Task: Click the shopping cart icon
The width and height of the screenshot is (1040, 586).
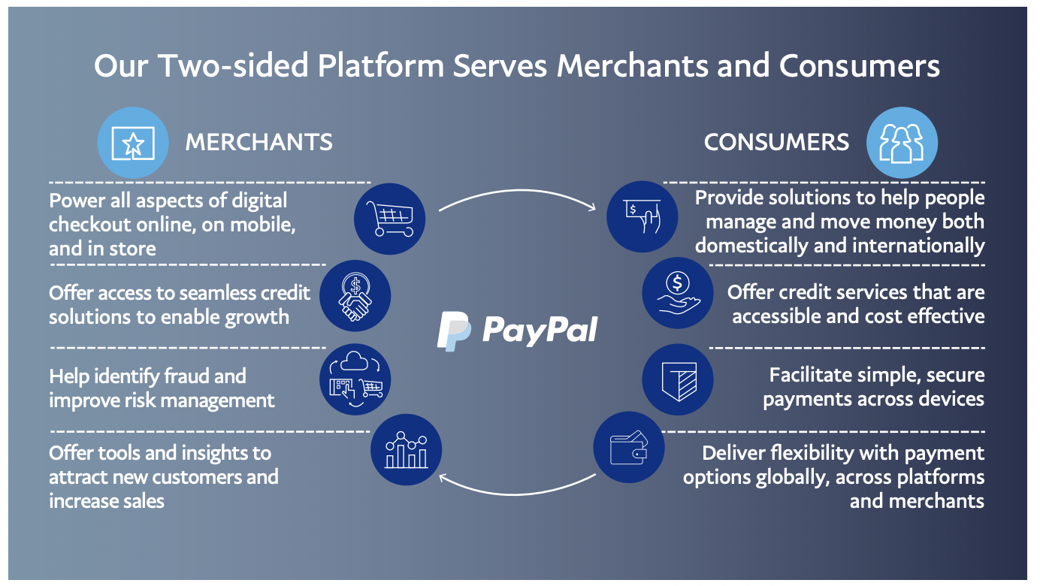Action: point(389,218)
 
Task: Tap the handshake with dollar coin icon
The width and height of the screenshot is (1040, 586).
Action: point(355,297)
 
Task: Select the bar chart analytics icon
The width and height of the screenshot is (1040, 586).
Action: point(407,452)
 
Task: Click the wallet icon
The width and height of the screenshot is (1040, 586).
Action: point(629,449)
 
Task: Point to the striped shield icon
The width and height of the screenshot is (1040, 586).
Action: point(678,379)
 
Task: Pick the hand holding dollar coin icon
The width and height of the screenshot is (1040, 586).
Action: point(677,292)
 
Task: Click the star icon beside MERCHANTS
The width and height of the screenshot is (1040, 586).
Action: point(133,142)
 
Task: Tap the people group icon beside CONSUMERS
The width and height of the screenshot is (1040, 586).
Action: point(902,143)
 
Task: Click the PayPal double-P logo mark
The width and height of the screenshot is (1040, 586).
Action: point(455,331)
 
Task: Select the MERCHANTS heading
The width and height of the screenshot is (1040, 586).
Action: point(258,142)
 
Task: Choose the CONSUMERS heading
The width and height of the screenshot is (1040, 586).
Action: point(776,142)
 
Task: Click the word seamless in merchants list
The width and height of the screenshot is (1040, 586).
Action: point(200,292)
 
